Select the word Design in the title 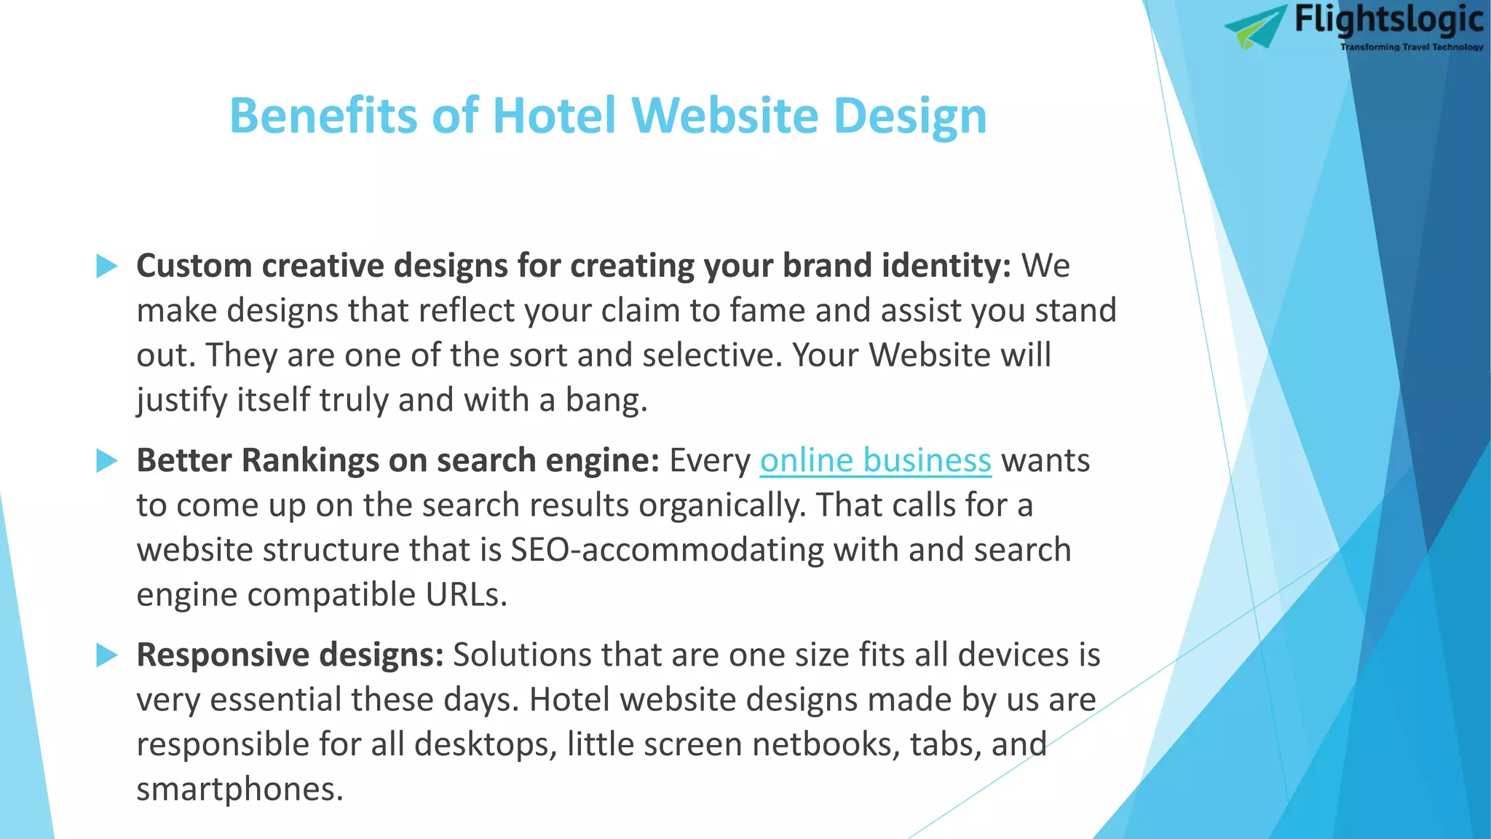pyautogui.click(x=909, y=117)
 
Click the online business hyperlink pyautogui.click(x=875, y=461)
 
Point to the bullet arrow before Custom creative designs pyautogui.click(x=107, y=266)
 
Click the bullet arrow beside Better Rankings pyautogui.click(x=107, y=460)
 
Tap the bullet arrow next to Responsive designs pyautogui.click(x=107, y=655)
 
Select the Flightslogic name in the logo pyautogui.click(x=1388, y=20)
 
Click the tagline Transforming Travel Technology pyautogui.click(x=1411, y=47)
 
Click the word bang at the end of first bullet pyautogui.click(x=604, y=401)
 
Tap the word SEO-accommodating pyautogui.click(x=667, y=550)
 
